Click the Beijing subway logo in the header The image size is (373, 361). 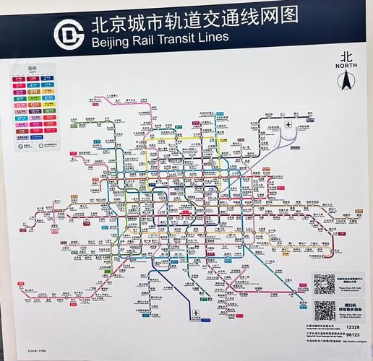click(x=71, y=32)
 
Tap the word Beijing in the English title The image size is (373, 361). click(x=110, y=40)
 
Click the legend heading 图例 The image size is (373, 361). click(x=32, y=69)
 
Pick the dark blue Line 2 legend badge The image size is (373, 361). click(x=46, y=77)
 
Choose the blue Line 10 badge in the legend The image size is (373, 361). click(x=46, y=97)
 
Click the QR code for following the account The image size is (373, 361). click(x=325, y=283)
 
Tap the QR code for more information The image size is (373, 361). click(x=325, y=312)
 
